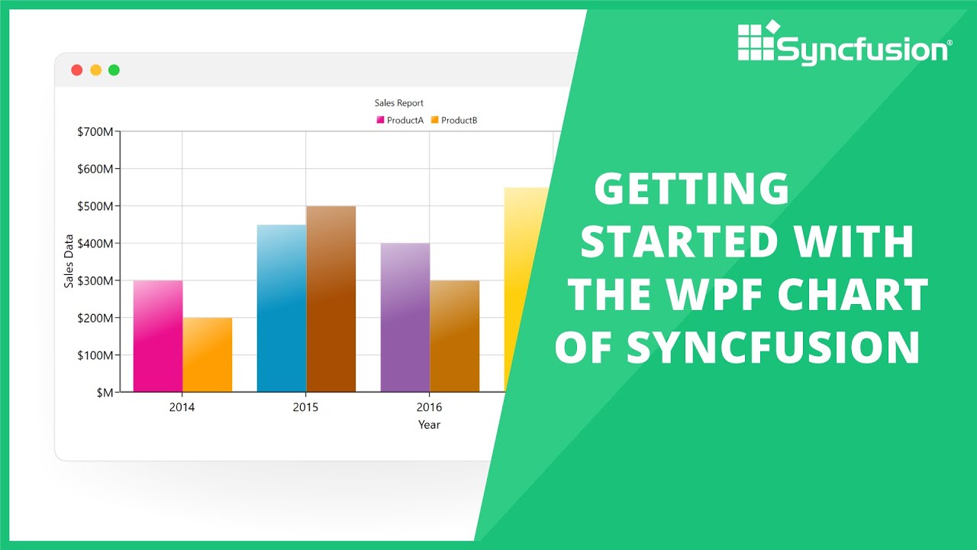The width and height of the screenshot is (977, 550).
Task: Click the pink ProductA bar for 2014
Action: point(158,336)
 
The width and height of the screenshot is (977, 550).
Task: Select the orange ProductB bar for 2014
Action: point(207,354)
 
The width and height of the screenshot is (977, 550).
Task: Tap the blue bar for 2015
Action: point(282,309)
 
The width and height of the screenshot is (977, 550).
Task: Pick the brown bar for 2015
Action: point(331,299)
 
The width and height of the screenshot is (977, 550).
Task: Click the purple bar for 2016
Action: point(405,318)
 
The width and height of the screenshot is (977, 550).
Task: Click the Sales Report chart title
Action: point(398,102)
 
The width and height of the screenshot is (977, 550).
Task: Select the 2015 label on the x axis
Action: point(305,407)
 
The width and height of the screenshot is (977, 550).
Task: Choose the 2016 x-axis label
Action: point(429,407)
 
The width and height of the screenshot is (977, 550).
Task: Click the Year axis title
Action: point(429,425)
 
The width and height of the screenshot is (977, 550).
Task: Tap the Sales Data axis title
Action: point(69,261)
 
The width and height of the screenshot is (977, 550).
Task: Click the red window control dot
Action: point(76,70)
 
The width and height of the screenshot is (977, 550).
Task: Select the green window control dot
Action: point(114,70)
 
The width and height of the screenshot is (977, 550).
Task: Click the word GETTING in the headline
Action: point(691,189)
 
